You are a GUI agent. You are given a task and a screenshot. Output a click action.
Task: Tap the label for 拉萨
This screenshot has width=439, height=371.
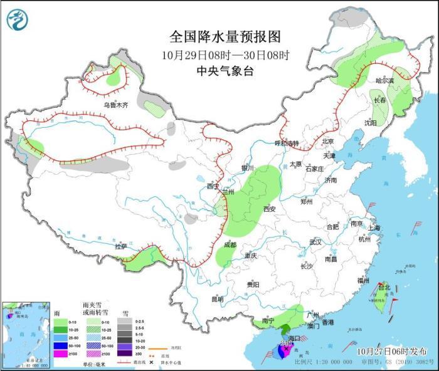pyautogui.click(x=121, y=246)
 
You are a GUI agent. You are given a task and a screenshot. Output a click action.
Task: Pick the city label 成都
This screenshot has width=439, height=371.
pyautogui.click(x=230, y=245)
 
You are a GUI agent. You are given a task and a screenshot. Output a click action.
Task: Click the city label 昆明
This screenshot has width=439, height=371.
pyautogui.click(x=217, y=299)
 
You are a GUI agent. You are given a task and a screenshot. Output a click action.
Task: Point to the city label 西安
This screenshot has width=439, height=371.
pyautogui.click(x=270, y=209)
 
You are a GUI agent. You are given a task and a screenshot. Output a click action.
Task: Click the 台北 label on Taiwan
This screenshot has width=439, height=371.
pyautogui.click(x=384, y=288)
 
